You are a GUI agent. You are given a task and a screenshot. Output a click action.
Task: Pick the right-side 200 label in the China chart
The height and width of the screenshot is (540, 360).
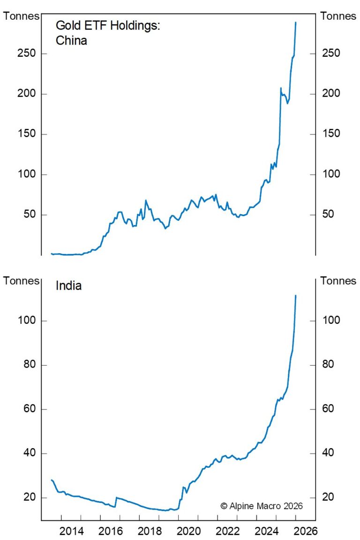pyautogui.click(x=331, y=94)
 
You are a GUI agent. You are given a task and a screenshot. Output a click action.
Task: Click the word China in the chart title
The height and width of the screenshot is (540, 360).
pyautogui.click(x=71, y=41)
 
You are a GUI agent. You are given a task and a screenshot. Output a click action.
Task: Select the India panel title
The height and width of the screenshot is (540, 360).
pyautogui.click(x=68, y=285)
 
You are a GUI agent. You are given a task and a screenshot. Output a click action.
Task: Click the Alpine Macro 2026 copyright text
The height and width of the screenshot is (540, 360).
pyautogui.click(x=262, y=506)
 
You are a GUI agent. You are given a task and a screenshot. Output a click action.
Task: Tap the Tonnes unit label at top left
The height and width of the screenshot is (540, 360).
pyautogui.click(x=22, y=16)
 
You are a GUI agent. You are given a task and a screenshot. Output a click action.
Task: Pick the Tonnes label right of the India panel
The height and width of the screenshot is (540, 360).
pyautogui.click(x=338, y=281)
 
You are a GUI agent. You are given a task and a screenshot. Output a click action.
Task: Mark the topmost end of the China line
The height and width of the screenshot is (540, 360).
pyautogui.click(x=296, y=22)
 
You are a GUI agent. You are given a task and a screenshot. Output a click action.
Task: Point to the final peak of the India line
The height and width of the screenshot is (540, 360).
pyautogui.click(x=296, y=295)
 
